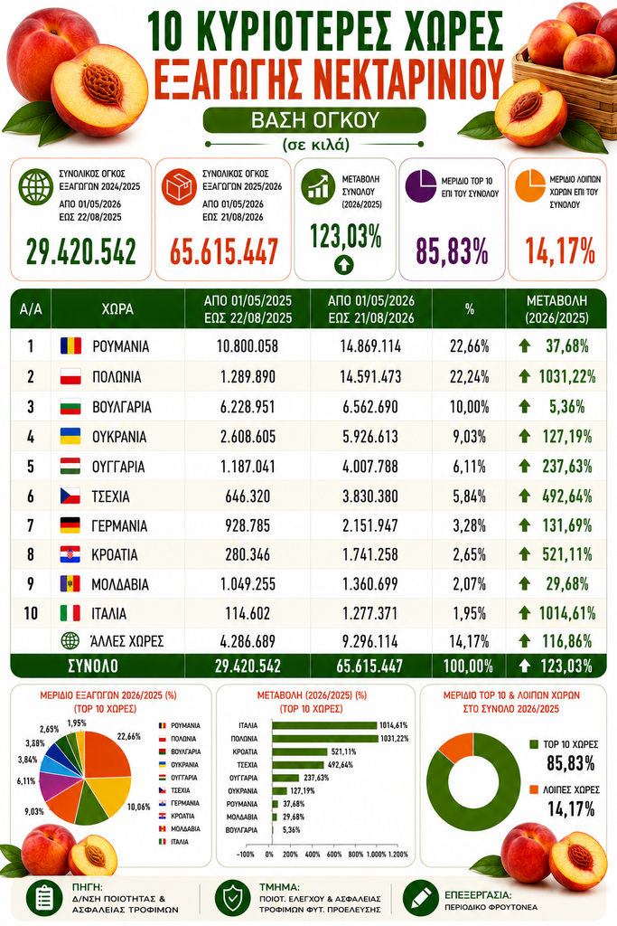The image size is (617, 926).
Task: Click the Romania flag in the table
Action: click(70, 346)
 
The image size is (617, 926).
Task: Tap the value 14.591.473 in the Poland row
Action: click(370, 377)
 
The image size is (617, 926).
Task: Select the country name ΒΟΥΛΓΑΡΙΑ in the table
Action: click(122, 407)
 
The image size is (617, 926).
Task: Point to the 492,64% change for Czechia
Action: click(567, 496)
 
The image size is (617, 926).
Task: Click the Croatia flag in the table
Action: click(70, 554)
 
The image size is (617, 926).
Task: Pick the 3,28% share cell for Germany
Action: click(470, 525)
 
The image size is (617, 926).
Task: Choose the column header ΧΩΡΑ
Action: click(117, 309)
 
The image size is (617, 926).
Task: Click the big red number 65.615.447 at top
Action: click(224, 251)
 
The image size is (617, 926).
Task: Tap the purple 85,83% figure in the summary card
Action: click(452, 251)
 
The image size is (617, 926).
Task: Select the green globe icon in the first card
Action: click(35, 187)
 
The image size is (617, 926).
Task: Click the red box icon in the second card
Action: click(179, 187)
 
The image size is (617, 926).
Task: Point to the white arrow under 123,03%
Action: click(344, 264)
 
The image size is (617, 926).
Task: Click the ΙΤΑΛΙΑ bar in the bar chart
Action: click(324, 725)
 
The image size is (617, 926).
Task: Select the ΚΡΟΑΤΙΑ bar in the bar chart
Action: click(300, 751)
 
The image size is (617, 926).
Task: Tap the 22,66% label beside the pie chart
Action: click(128, 736)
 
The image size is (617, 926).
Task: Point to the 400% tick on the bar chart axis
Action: click(312, 854)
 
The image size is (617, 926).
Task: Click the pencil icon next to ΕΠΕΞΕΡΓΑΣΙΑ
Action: click(421, 898)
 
